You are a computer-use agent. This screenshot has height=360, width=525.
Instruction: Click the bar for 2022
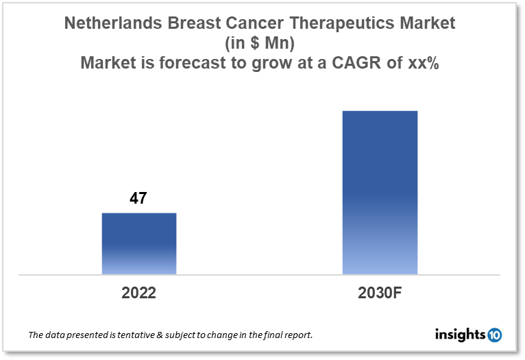(139, 243)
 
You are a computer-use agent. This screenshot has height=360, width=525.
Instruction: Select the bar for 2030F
(380, 193)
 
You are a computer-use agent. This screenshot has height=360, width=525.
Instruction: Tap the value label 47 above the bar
(138, 199)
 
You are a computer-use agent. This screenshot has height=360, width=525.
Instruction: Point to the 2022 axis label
(139, 293)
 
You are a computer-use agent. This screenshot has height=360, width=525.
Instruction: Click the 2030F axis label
(380, 293)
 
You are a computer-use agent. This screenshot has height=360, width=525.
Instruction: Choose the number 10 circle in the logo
(494, 335)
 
